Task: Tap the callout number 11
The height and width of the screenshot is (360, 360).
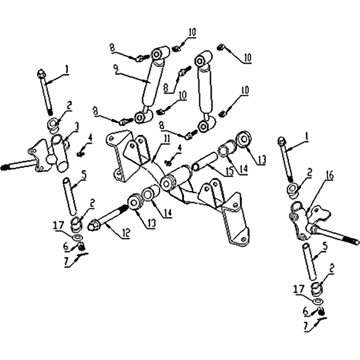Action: coord(166,139)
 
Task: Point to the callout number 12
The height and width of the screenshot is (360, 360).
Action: coord(126,234)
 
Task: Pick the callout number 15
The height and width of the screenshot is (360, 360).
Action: coord(230,171)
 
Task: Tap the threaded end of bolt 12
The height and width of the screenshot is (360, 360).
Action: coord(123,209)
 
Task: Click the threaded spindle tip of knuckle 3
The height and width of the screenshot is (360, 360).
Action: coord(5,167)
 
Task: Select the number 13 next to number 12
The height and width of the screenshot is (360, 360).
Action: coord(152,222)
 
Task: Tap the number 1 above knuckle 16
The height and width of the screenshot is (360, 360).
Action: coord(306,138)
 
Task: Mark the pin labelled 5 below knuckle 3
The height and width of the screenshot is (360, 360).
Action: coord(70,196)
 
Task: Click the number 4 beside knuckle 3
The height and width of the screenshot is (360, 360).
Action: coord(90,139)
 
